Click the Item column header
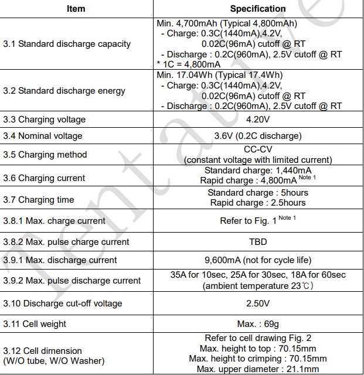76,9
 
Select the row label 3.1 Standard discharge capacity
67,44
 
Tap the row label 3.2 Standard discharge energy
64,91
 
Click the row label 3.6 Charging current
44,178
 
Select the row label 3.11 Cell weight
35,324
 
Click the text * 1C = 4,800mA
188,64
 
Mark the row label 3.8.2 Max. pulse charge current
66,241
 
